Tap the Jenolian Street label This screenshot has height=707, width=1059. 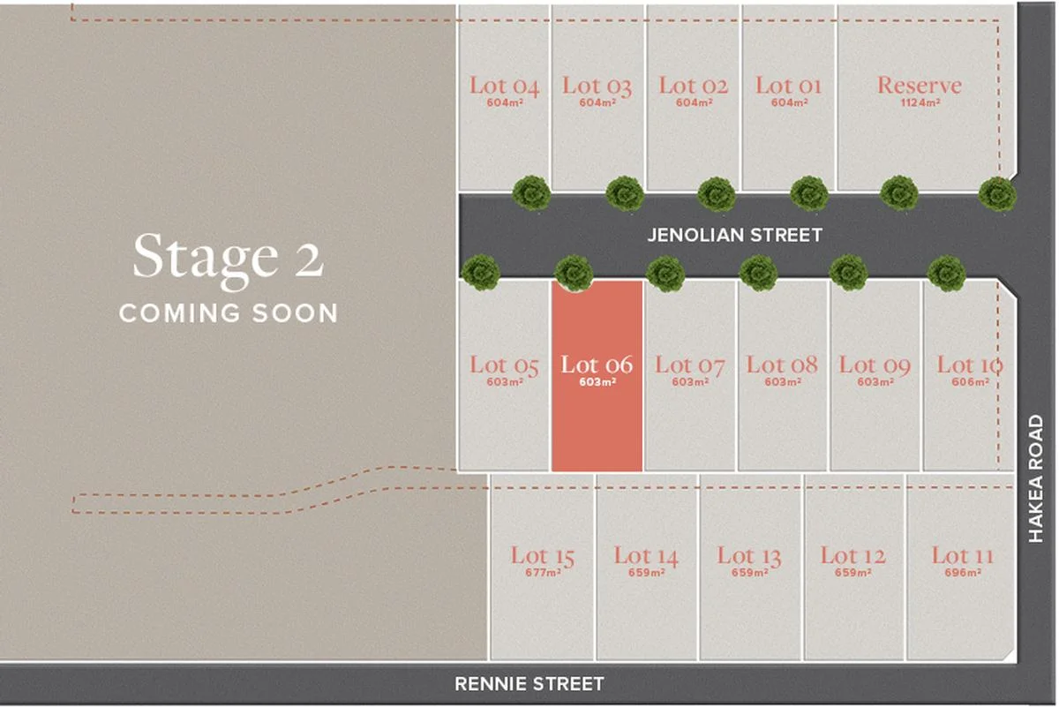[x=734, y=235]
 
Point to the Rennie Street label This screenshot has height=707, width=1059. [x=529, y=683]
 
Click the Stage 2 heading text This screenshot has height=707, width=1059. [x=229, y=258]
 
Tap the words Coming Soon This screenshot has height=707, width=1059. [x=229, y=312]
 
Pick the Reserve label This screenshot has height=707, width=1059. [x=919, y=86]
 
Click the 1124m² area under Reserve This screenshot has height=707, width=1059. [x=919, y=102]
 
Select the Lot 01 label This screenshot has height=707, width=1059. [x=788, y=86]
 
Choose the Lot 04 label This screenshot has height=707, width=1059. [x=504, y=86]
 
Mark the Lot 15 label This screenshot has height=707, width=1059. [x=542, y=556]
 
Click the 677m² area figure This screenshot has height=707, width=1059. [x=542, y=573]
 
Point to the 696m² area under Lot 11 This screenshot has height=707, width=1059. [x=962, y=573]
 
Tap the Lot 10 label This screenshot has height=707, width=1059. [x=969, y=365]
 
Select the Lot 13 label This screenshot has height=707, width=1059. [x=748, y=556]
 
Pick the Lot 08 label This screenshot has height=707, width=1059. [x=782, y=365]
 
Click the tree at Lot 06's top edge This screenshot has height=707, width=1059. [x=574, y=273]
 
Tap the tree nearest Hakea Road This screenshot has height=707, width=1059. [x=997, y=193]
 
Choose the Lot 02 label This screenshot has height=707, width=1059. [x=693, y=86]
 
